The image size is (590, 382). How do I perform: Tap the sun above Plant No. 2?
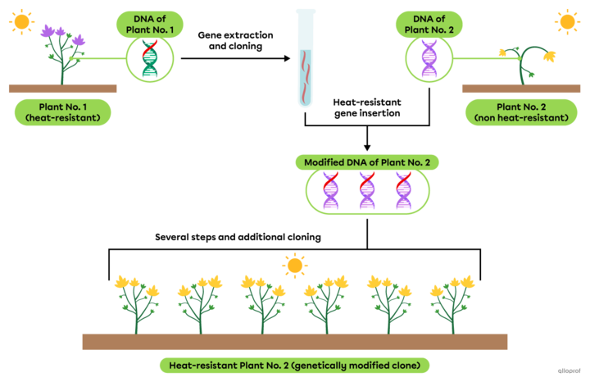(x=566, y=21)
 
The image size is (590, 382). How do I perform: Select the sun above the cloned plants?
(x=294, y=265)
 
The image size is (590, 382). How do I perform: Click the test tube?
(x=306, y=57)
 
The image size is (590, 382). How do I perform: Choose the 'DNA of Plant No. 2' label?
(x=429, y=23)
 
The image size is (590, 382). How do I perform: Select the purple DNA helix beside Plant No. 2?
(x=429, y=60)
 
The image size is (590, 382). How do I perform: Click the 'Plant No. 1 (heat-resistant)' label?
(x=62, y=112)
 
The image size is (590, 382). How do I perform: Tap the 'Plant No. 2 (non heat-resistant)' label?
(x=521, y=112)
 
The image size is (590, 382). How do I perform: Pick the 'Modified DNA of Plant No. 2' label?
(x=367, y=162)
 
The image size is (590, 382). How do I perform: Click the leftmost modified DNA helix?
(x=330, y=192)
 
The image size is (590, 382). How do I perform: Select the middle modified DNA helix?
(x=367, y=192)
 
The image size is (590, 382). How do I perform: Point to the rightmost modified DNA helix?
(x=403, y=192)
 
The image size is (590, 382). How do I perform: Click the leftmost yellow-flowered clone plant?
(x=137, y=303)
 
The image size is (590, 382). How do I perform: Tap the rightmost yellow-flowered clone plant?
(x=453, y=303)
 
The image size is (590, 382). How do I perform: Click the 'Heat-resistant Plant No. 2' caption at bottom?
(x=294, y=365)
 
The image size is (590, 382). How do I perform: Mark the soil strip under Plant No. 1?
(x=62, y=89)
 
